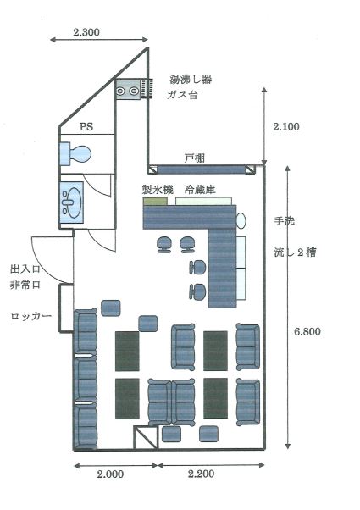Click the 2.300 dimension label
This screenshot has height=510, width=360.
(x=86, y=32)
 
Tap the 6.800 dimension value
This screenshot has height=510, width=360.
(x=307, y=331)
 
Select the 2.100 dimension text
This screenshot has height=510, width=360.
(x=286, y=126)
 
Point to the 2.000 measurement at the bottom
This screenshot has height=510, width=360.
(x=110, y=474)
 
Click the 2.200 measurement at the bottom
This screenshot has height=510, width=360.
(x=201, y=474)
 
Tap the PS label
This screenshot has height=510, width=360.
(x=86, y=126)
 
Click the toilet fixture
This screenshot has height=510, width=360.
(x=75, y=153)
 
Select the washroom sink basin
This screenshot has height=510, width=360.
(x=71, y=202)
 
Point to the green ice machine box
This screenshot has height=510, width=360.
(x=156, y=201)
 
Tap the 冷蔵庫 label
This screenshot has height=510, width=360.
(x=200, y=189)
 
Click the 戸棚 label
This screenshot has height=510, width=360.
(x=195, y=158)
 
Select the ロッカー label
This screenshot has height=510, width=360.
(x=30, y=316)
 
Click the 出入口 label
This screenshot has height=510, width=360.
(x=25, y=269)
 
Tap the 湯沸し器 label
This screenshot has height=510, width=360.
(x=191, y=80)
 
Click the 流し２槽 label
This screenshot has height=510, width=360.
(x=295, y=252)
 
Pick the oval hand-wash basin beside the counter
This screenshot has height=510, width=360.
(x=241, y=220)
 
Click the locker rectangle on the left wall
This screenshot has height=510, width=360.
(x=66, y=308)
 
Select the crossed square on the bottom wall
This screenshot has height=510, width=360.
(x=146, y=438)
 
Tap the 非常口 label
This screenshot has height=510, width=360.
(x=25, y=285)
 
